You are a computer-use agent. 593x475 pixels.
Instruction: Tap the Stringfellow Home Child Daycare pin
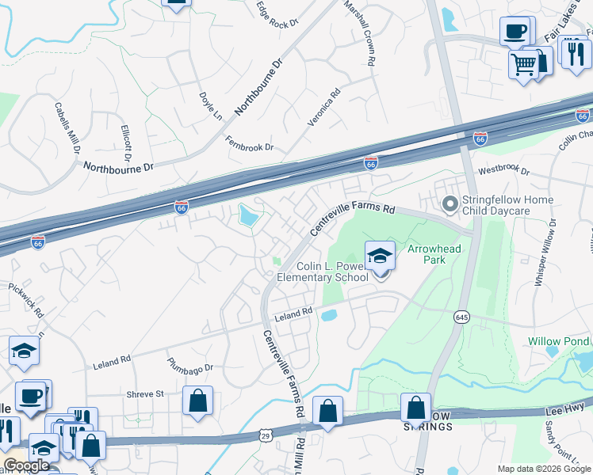[x=450, y=206]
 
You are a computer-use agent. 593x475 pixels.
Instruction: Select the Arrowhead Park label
[x=434, y=253]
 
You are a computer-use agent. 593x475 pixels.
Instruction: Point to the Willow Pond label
[x=559, y=341]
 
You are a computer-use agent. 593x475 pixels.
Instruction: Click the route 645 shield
[x=461, y=317]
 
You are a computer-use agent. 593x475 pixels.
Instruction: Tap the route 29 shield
[x=265, y=435]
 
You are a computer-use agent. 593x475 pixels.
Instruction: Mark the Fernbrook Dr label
[x=249, y=144]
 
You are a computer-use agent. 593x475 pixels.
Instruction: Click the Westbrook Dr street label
[x=503, y=170]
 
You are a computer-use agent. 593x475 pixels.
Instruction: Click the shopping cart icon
[x=523, y=64]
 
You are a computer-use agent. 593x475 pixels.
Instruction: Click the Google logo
[x=26, y=465]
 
